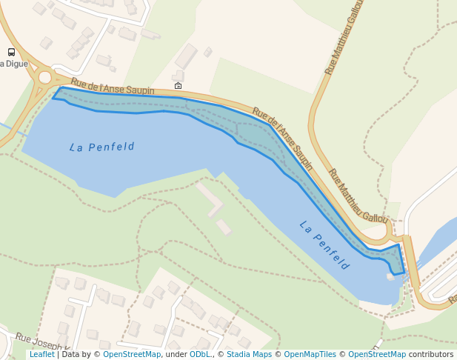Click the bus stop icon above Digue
tap(11, 52)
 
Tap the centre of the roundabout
tap(45, 77)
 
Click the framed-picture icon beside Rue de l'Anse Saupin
tap(178, 86)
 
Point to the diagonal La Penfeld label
tap(324, 244)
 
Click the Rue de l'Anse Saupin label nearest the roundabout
tap(113, 87)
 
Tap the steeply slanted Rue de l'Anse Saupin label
tap(282, 139)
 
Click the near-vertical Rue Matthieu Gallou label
tap(344, 37)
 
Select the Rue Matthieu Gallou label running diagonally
tap(358, 196)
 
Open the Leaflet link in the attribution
tap(42, 355)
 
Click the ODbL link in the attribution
tap(200, 355)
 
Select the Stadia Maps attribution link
tap(248, 355)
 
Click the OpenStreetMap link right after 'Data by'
tap(132, 355)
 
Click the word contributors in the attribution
tap(431, 355)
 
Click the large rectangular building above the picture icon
tap(186, 56)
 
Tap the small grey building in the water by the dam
tap(390, 276)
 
